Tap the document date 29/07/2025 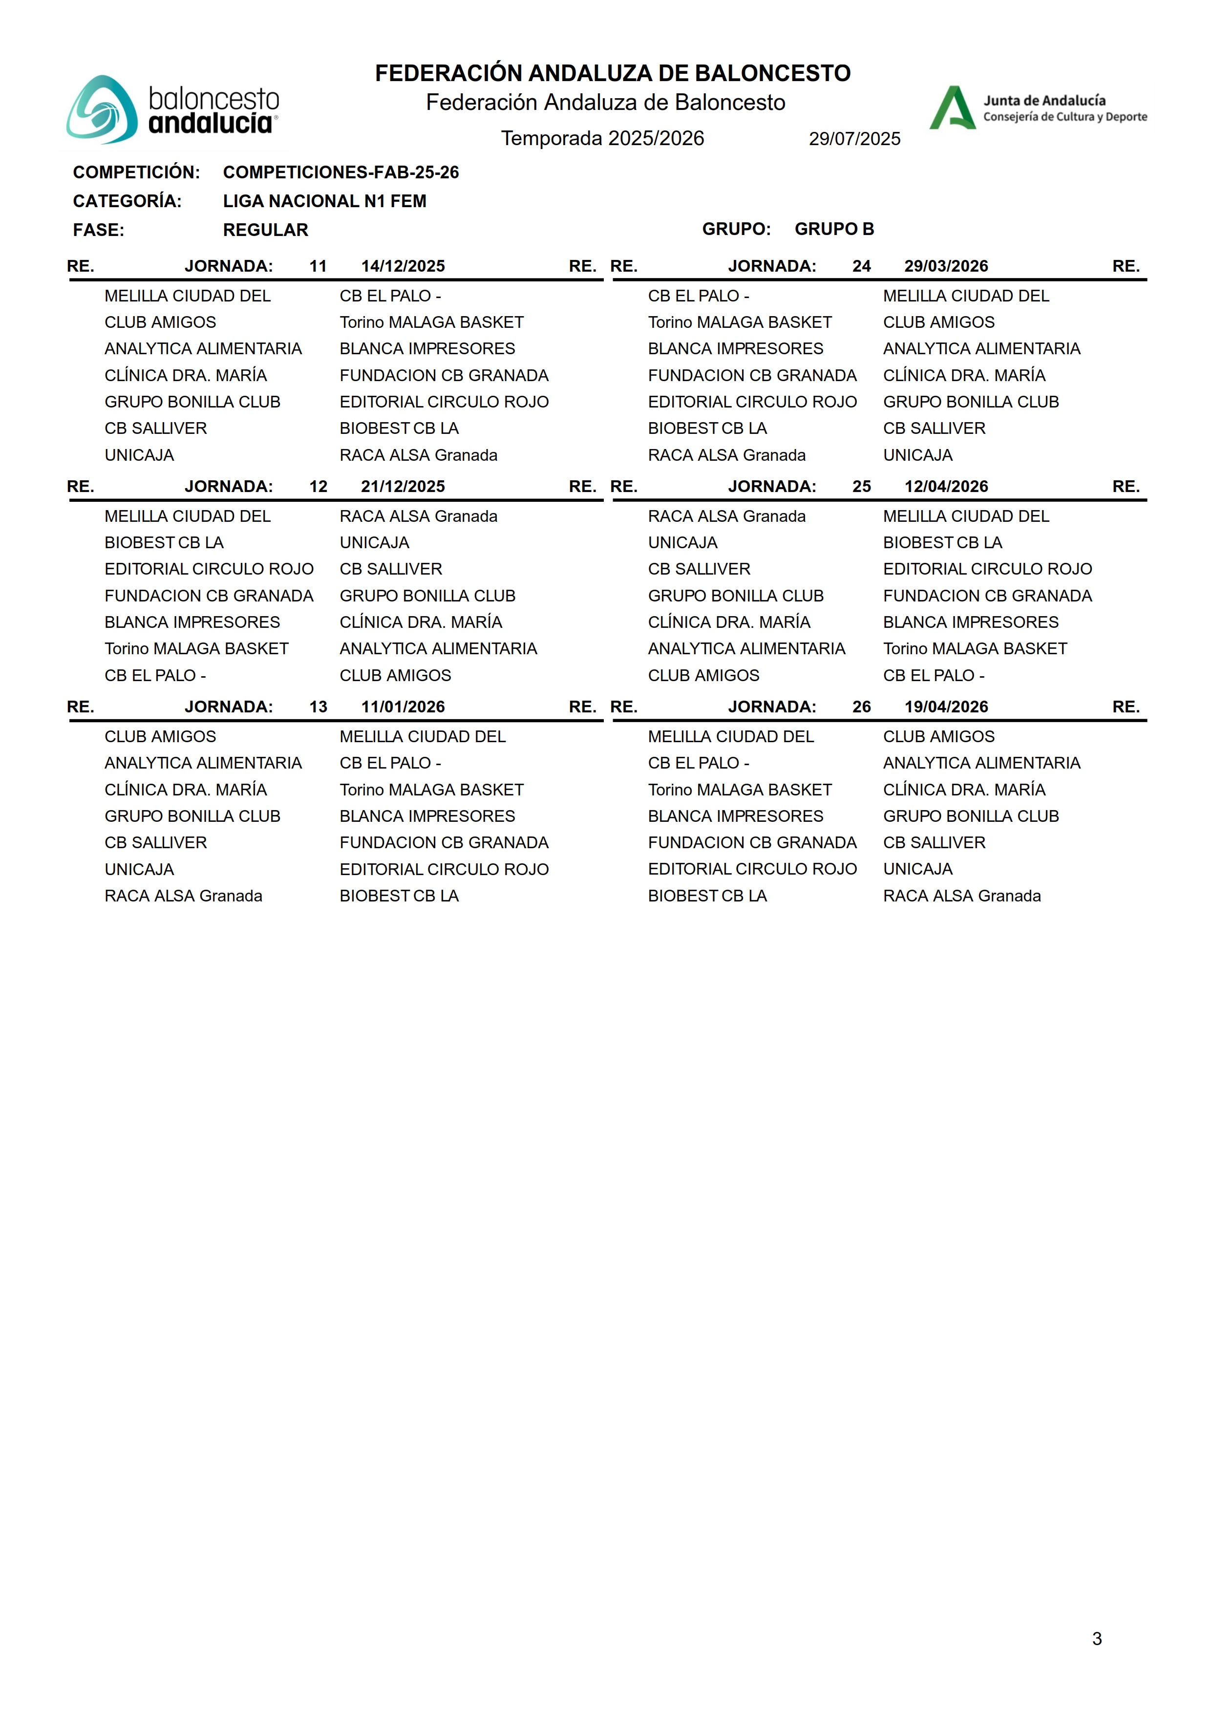pos(854,139)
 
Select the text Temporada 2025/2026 pos(602,138)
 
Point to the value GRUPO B pos(833,229)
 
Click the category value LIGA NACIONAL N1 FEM pos(324,201)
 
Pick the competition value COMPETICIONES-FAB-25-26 pos(340,172)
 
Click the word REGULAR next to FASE pos(265,230)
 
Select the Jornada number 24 pos(861,267)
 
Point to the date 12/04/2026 pos(946,487)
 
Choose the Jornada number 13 pos(318,707)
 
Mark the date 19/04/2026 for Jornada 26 pos(946,707)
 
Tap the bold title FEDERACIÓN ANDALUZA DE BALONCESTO pos(613,73)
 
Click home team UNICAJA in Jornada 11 pos(139,455)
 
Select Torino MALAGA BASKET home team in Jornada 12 pos(196,649)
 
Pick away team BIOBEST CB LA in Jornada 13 pos(399,896)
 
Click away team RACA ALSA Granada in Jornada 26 pos(961,896)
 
